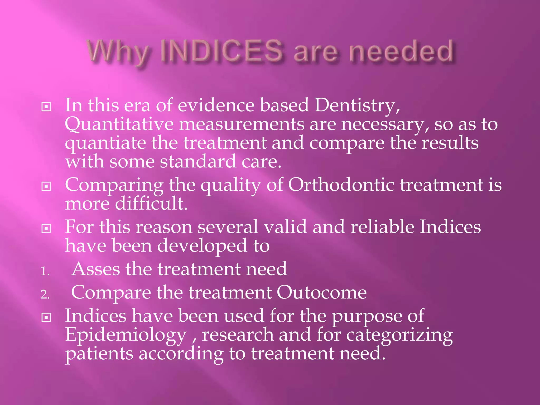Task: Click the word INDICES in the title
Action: point(221,51)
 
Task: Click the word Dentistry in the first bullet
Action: point(357,105)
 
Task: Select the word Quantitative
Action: point(119,124)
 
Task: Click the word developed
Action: point(202,246)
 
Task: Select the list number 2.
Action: point(45,295)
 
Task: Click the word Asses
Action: point(96,269)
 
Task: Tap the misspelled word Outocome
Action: point(321,292)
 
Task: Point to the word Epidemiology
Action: point(126,335)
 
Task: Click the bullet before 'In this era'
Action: point(46,107)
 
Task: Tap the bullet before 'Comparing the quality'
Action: point(46,186)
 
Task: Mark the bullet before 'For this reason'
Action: point(46,229)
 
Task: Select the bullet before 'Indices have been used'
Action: point(46,317)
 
